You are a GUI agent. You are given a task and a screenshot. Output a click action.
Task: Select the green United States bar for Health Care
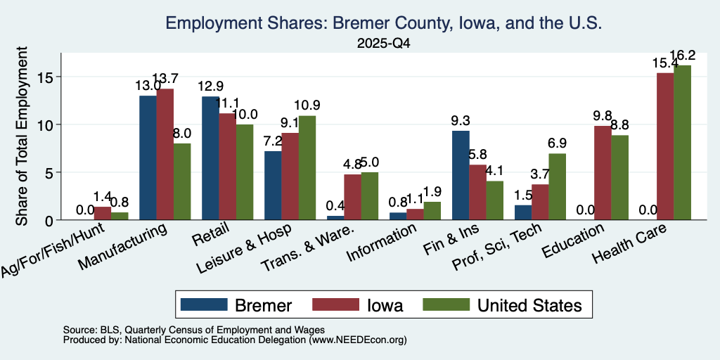(682, 143)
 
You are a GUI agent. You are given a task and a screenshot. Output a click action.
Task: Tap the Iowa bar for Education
(603, 173)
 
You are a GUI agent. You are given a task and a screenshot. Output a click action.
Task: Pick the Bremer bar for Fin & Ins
(461, 175)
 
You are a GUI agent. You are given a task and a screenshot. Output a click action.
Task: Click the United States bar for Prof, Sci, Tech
(558, 187)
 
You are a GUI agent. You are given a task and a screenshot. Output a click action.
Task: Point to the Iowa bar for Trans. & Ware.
(353, 197)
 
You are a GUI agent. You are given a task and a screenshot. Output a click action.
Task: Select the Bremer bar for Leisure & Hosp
(273, 186)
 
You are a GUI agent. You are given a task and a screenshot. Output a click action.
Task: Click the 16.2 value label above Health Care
(682, 56)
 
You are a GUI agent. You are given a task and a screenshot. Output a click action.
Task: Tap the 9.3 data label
(461, 121)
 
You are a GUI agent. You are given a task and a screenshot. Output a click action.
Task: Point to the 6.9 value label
(558, 143)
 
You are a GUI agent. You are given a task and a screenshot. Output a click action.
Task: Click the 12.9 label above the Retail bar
(210, 86)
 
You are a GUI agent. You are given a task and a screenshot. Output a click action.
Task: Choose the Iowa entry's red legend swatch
(335, 304)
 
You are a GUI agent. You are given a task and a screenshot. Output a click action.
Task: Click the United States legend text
(530, 305)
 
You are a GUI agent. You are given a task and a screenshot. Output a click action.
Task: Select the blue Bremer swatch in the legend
(204, 304)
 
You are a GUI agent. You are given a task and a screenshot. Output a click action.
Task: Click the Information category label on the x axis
(382, 242)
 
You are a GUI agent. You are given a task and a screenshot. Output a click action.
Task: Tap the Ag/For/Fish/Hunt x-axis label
(53, 250)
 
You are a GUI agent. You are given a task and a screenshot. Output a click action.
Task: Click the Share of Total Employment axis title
(22, 136)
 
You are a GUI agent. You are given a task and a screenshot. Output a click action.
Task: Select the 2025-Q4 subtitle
(383, 44)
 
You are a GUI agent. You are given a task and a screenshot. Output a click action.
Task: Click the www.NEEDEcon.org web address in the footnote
(358, 340)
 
